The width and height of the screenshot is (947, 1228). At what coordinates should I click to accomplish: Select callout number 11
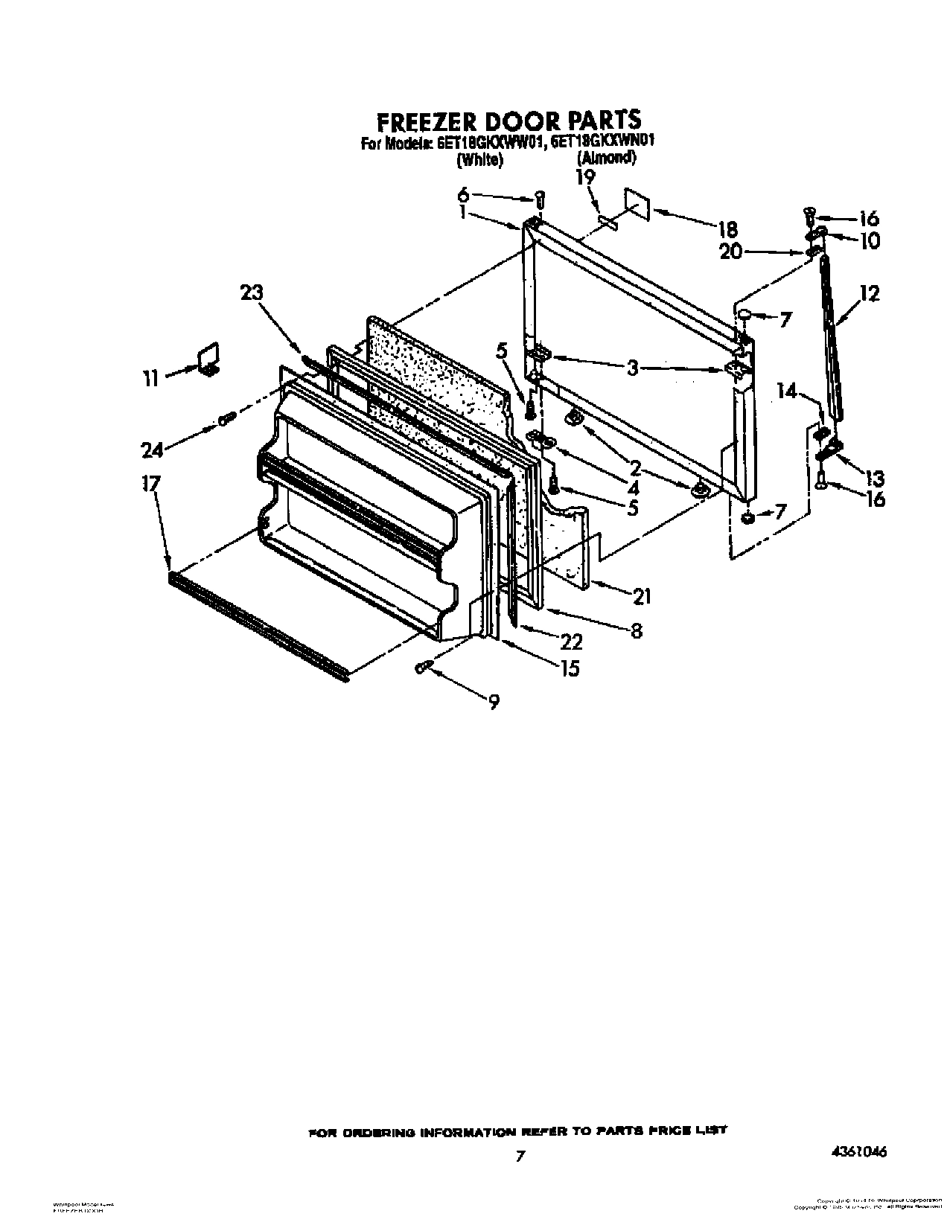coord(151,378)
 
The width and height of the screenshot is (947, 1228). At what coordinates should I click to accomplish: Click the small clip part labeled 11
coord(208,358)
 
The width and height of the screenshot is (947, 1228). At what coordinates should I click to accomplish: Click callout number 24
coord(152,449)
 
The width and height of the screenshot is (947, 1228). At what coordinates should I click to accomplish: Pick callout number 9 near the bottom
coord(493,700)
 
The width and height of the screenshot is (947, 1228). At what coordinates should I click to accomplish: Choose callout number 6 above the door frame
coord(463,194)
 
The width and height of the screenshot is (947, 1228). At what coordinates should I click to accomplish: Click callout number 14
coord(788,391)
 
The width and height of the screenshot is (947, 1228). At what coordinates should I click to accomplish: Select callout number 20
coord(731,252)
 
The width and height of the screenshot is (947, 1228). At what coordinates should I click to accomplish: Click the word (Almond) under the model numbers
coord(606,158)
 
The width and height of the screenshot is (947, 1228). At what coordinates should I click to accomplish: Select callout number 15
coord(570,668)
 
